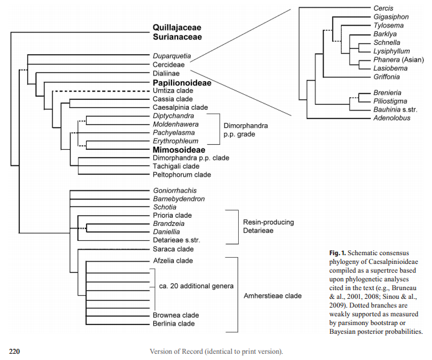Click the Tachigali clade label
(x=176, y=167)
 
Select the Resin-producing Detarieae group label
(x=267, y=226)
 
